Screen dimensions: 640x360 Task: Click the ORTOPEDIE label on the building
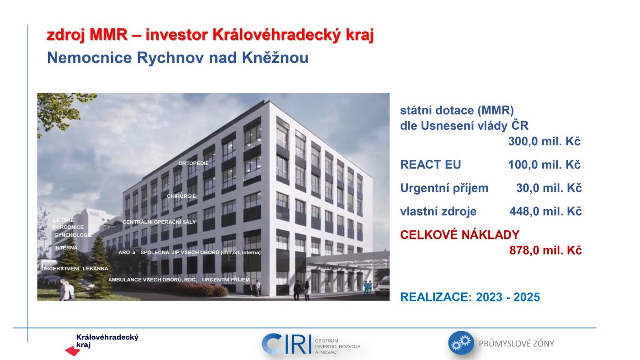[x=193, y=163]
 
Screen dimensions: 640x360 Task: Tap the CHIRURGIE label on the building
[x=181, y=196]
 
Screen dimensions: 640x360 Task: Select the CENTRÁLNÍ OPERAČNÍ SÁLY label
[x=159, y=222]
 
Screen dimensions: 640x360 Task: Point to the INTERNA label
[x=66, y=248]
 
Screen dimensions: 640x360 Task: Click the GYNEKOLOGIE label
[x=73, y=235]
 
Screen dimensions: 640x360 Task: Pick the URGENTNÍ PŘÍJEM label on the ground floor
[x=226, y=280]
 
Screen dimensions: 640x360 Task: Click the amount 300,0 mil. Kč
[x=544, y=141]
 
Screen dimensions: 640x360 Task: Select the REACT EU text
[x=430, y=165]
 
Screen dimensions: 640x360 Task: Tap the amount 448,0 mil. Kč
[x=545, y=212]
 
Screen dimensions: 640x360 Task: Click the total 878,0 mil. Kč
[x=545, y=250]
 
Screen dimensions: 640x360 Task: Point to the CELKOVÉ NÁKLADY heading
[x=459, y=235]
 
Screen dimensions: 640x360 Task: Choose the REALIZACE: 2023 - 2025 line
[x=470, y=297]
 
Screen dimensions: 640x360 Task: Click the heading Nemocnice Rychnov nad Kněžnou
[x=178, y=58]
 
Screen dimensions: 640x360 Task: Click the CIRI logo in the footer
[x=286, y=344]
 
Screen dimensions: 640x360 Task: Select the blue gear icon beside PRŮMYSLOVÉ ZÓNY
[x=461, y=343]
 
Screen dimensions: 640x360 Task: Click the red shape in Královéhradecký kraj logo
[x=73, y=351]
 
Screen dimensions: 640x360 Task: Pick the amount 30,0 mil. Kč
[x=549, y=188]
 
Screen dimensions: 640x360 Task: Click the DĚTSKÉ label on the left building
[x=64, y=220]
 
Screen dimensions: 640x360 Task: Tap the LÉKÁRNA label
[x=96, y=268]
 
